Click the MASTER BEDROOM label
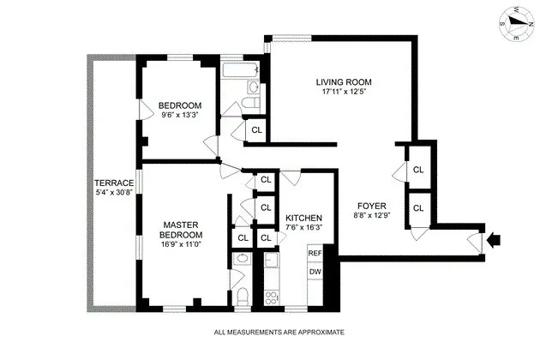(182, 230)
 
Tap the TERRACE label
(113, 183)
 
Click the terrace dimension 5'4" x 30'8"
(113, 194)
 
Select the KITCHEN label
(303, 218)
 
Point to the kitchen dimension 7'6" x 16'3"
(303, 228)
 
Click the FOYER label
(372, 206)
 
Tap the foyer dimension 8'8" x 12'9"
(372, 217)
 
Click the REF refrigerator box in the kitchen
(315, 254)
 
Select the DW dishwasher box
(315, 272)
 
